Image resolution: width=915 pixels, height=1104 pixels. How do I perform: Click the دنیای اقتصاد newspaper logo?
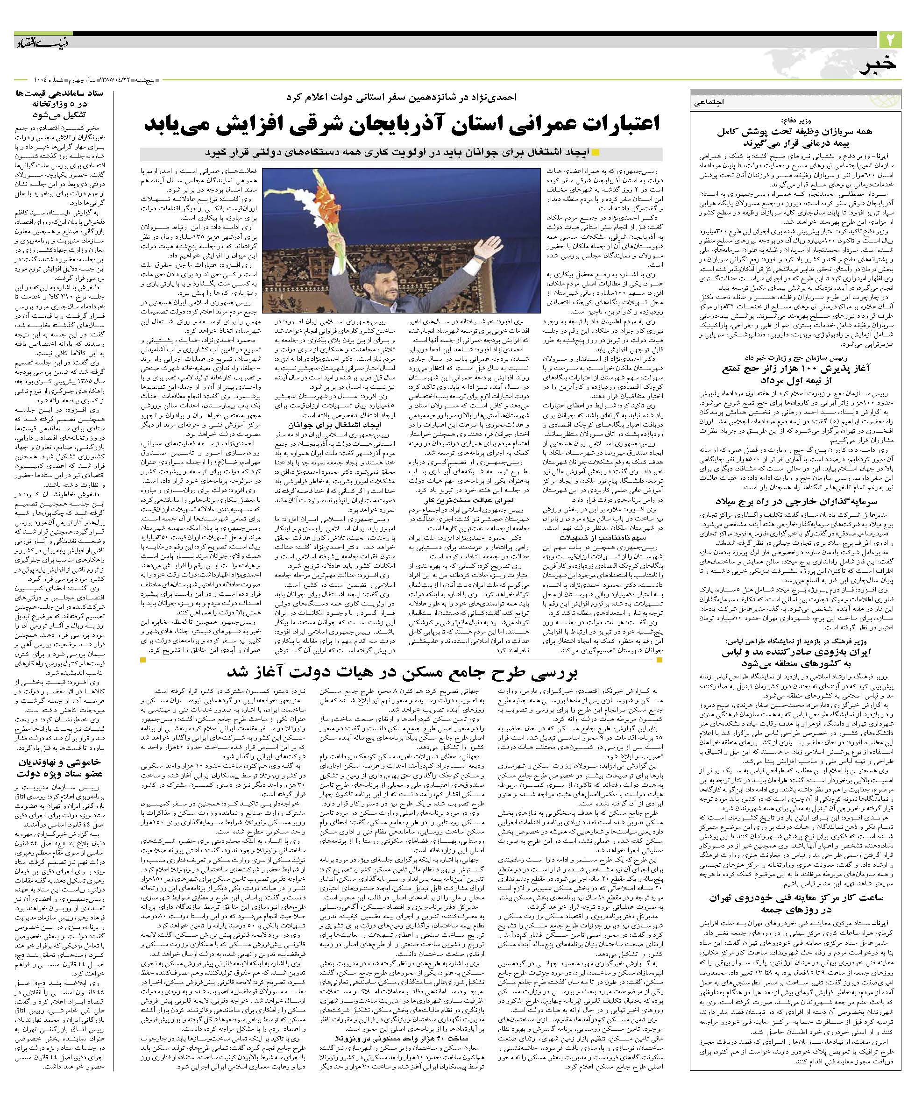[x=45, y=42]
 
